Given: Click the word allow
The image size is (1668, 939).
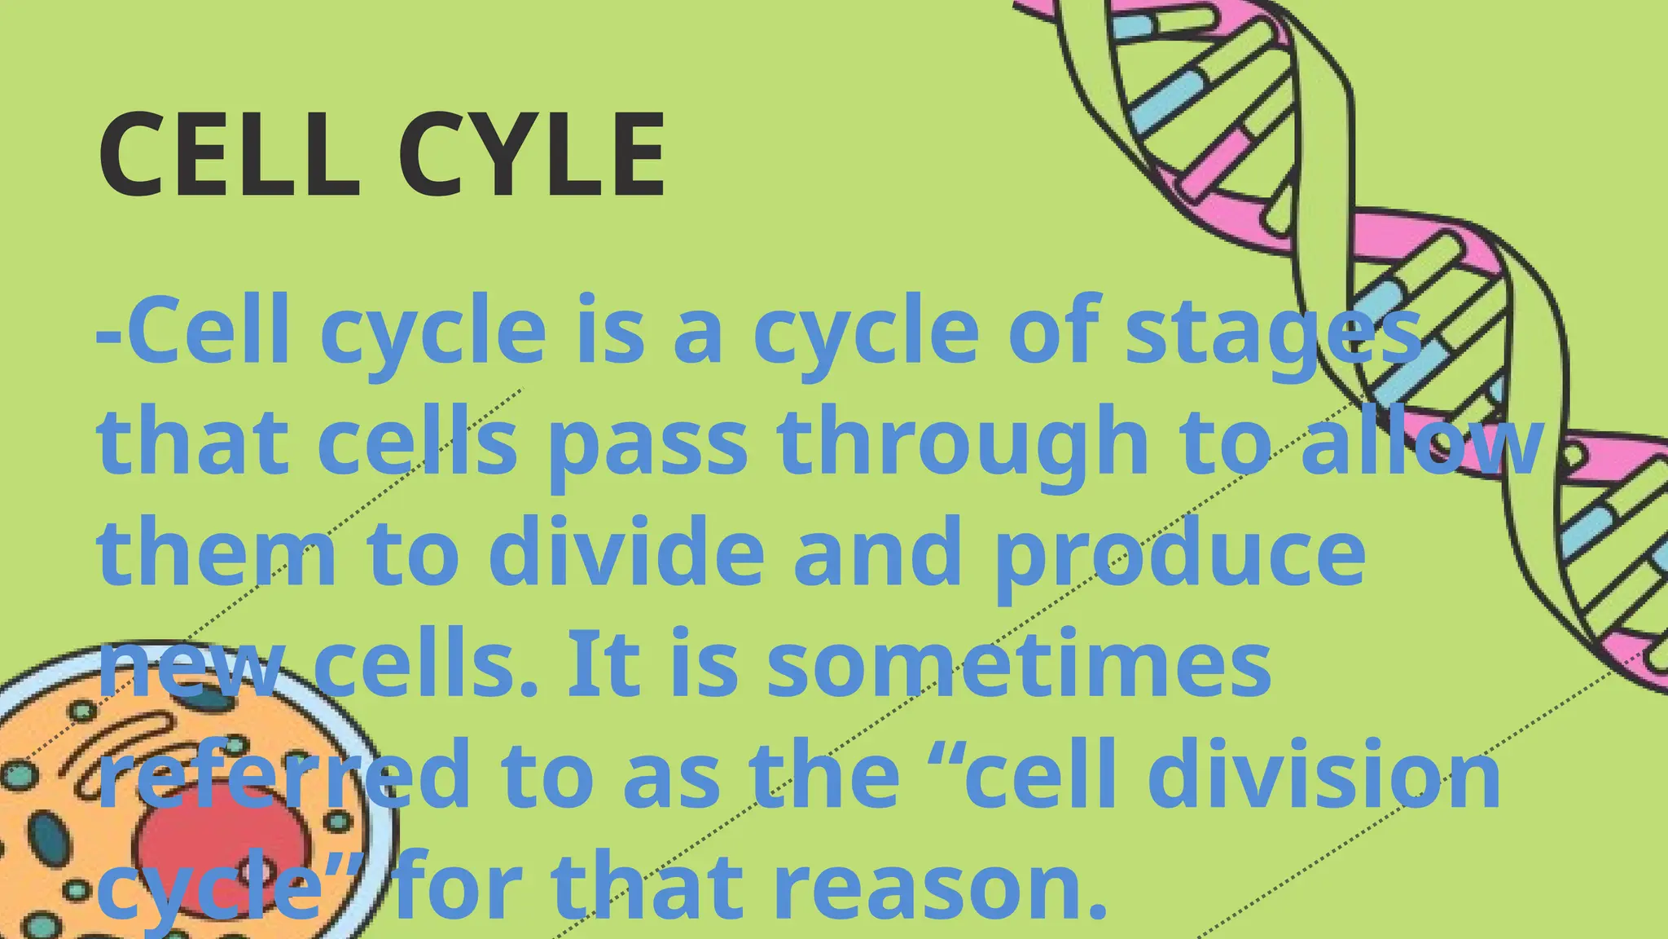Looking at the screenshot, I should tap(1422, 444).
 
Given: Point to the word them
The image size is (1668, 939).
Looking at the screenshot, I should tap(217, 554).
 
